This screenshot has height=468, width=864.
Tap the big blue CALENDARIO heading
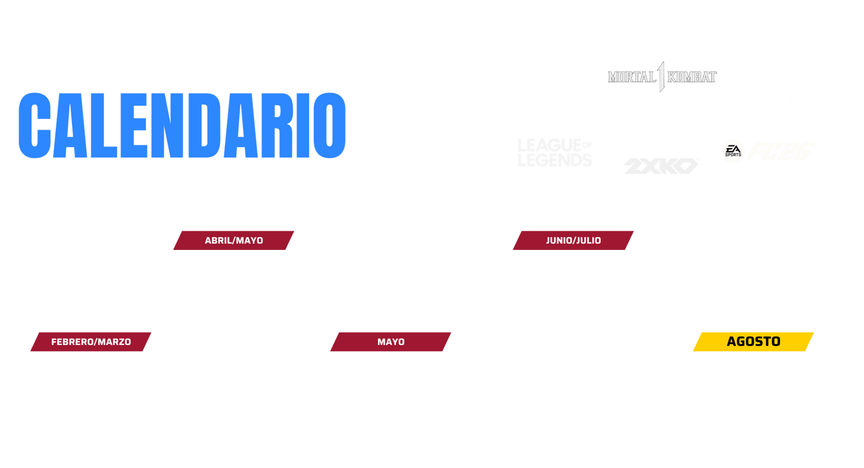[x=182, y=126]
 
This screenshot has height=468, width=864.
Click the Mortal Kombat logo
[x=662, y=77]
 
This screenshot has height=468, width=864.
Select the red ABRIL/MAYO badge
[x=233, y=241]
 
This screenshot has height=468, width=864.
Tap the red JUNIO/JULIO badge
[x=573, y=241]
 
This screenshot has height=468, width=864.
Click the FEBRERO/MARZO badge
[x=91, y=342]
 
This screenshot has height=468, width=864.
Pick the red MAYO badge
[x=391, y=342]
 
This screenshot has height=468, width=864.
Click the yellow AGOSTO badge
[x=754, y=341]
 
